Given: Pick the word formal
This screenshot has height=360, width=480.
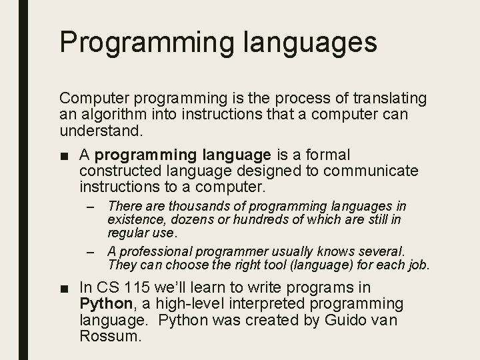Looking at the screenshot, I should (326, 155).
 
